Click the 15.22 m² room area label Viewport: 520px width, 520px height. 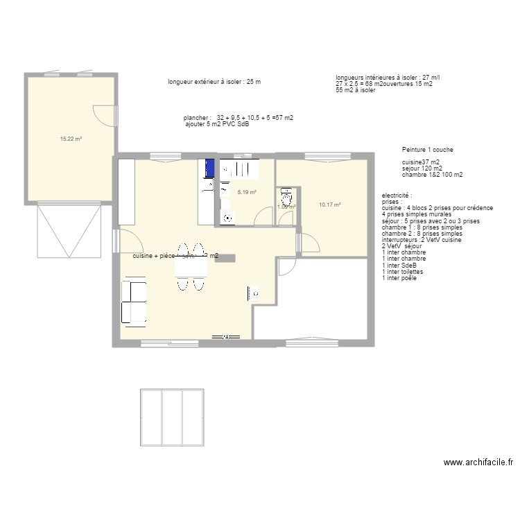71,139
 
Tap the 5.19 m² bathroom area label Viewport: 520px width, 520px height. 247,193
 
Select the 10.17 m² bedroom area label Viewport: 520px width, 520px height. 329,205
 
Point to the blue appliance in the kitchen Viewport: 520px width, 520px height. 207,168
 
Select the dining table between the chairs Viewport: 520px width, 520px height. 190,264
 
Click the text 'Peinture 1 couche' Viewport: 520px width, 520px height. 428,150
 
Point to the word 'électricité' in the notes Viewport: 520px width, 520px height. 397,196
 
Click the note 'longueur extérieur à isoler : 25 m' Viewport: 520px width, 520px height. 214,82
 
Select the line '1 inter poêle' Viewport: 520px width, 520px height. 400,278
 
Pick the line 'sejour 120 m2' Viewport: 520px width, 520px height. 422,168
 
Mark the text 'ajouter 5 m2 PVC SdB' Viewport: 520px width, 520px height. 217,125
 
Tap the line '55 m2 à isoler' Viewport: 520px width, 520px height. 356,90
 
